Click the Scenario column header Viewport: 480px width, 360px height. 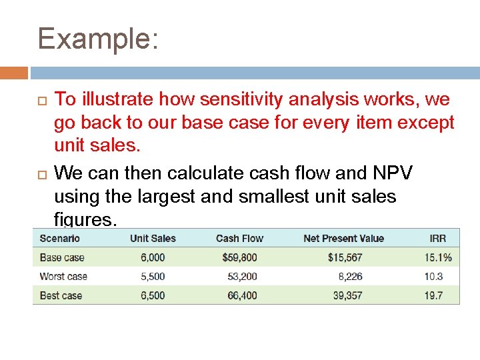click(59, 238)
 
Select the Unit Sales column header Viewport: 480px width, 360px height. click(153, 238)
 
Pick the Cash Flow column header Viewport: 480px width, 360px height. click(239, 238)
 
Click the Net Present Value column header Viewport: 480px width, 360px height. click(343, 238)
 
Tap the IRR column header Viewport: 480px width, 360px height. click(437, 238)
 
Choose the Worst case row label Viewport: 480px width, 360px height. click(63, 276)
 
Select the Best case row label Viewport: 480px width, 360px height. click(61, 295)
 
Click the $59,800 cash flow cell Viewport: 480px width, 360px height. click(241, 257)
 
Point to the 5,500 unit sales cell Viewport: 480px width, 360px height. click(153, 276)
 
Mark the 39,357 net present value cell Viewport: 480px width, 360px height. click(347, 295)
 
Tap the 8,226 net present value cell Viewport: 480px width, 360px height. click(350, 276)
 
